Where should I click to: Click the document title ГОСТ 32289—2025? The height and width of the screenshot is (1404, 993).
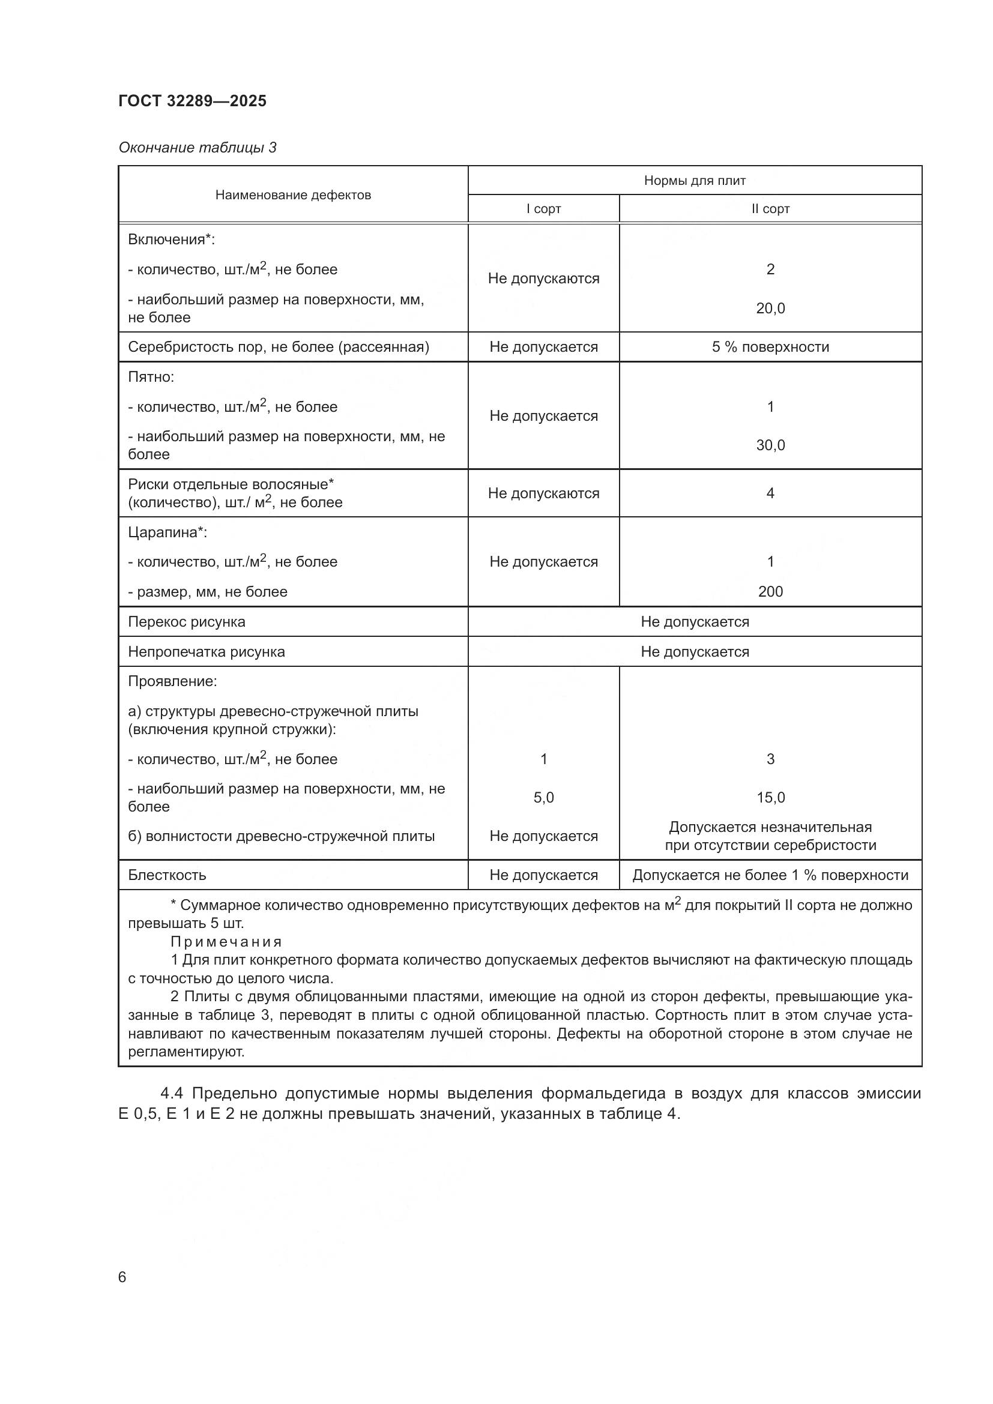pyautogui.click(x=193, y=101)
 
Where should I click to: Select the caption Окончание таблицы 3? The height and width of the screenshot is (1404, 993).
pyautogui.click(x=198, y=148)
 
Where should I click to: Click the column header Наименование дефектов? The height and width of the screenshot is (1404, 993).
pyautogui.click(x=293, y=195)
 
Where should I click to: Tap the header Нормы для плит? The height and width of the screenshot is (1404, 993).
pyautogui.click(x=695, y=181)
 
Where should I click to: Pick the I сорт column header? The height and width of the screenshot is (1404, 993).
pyautogui.click(x=543, y=209)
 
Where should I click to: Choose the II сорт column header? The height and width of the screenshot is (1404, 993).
pyautogui.click(x=770, y=209)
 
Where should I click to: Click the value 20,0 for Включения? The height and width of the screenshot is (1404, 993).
pyautogui.click(x=770, y=308)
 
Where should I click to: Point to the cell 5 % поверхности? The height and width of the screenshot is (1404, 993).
pyautogui.click(x=770, y=348)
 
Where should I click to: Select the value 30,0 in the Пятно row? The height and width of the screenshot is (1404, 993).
pyautogui.click(x=770, y=445)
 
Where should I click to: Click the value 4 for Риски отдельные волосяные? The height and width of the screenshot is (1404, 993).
pyautogui.click(x=770, y=493)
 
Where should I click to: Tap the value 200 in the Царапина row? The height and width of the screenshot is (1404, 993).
pyautogui.click(x=770, y=591)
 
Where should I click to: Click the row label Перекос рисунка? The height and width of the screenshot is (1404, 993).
pyautogui.click(x=187, y=622)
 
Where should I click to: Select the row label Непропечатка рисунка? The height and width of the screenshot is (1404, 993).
pyautogui.click(x=206, y=652)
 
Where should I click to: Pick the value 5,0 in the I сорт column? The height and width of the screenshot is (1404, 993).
pyautogui.click(x=543, y=797)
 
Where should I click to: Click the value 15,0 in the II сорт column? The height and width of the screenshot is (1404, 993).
pyautogui.click(x=770, y=797)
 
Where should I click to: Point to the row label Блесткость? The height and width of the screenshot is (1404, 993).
pyautogui.click(x=167, y=875)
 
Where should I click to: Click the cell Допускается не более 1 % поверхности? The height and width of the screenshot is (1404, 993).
pyautogui.click(x=770, y=875)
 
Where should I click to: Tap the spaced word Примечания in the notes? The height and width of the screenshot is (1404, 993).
pyautogui.click(x=226, y=942)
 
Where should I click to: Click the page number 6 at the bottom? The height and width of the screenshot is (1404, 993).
pyautogui.click(x=122, y=1277)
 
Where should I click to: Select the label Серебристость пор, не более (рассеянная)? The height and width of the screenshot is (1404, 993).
pyautogui.click(x=278, y=348)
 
